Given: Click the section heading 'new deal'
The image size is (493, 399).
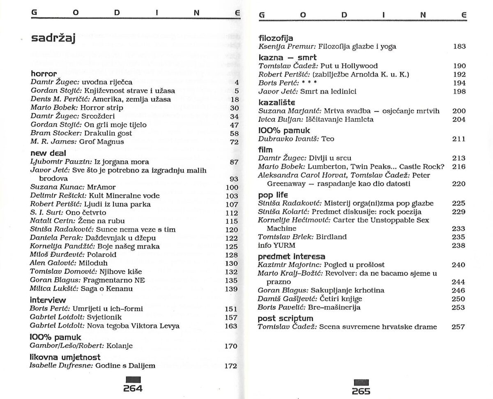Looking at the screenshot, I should click(48, 153).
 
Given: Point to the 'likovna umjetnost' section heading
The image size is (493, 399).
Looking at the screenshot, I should click(65, 357).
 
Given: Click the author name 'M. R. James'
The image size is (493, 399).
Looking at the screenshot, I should click(47, 142).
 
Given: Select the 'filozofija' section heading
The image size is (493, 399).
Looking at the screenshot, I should click(276, 38).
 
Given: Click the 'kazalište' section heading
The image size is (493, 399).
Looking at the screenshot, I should click(277, 102).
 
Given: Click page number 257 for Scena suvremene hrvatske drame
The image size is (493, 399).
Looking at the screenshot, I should click(458, 327).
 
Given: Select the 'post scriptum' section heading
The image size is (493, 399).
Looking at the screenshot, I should click(285, 318).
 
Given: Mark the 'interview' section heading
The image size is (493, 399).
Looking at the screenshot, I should click(48, 300).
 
